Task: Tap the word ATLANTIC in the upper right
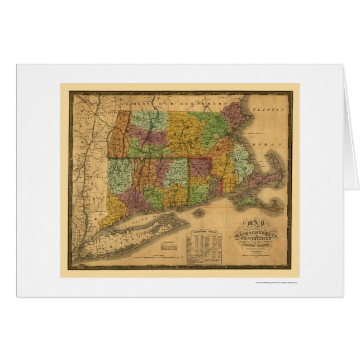point(268,105)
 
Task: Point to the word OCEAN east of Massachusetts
point(273,141)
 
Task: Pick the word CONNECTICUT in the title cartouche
point(253,236)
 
